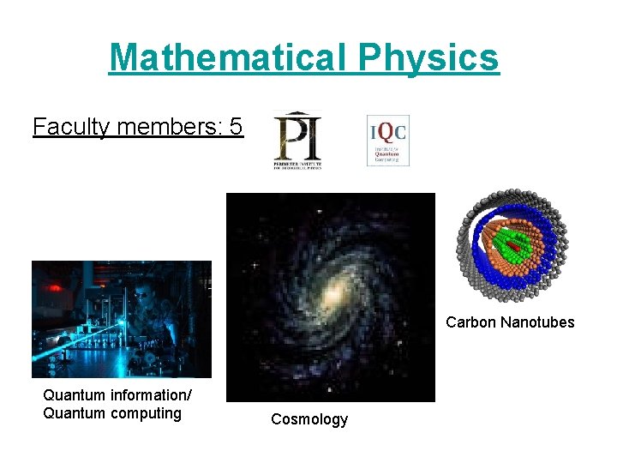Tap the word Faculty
(x=71, y=127)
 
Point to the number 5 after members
(x=237, y=127)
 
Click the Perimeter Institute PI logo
(x=298, y=140)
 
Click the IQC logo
(x=387, y=140)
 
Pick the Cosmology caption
(x=309, y=419)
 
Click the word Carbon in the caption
(x=470, y=323)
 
